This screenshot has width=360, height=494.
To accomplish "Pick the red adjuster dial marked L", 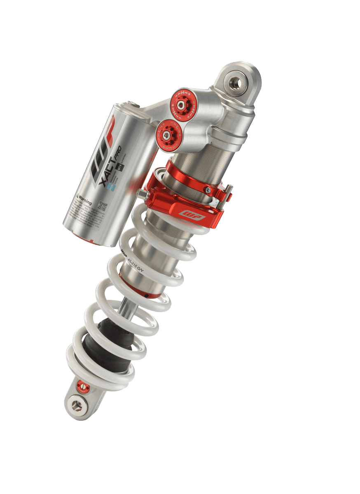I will (166, 133).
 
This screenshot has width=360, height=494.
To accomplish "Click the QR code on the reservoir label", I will (102, 205).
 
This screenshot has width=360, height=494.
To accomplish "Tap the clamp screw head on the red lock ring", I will (209, 191).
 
